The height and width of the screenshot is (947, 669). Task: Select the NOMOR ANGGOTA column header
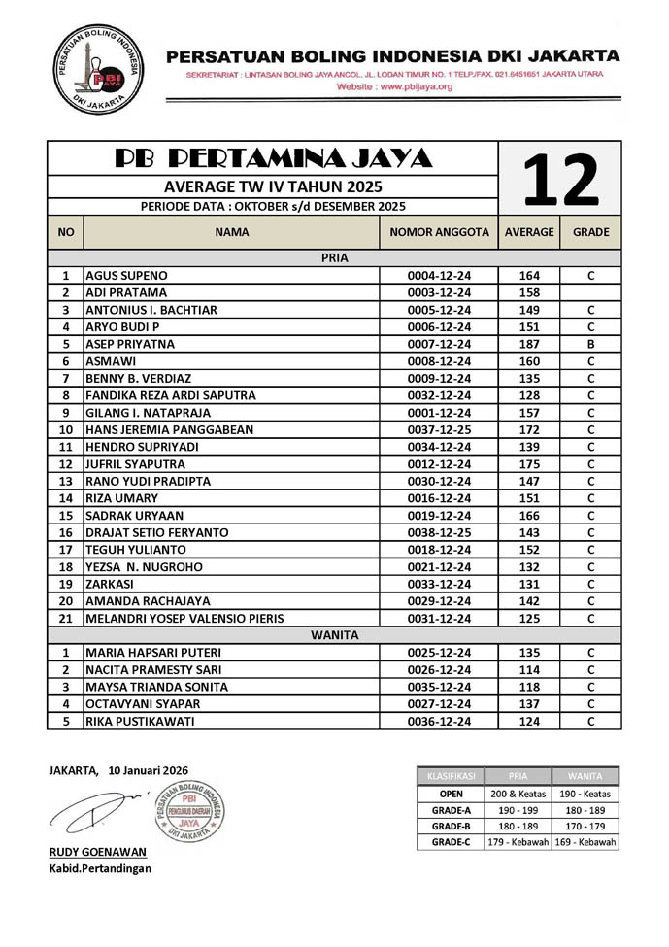(x=438, y=233)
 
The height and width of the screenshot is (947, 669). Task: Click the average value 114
(x=529, y=670)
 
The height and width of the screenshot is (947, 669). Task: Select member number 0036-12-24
(x=439, y=722)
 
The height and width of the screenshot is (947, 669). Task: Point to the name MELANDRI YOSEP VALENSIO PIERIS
(x=184, y=618)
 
